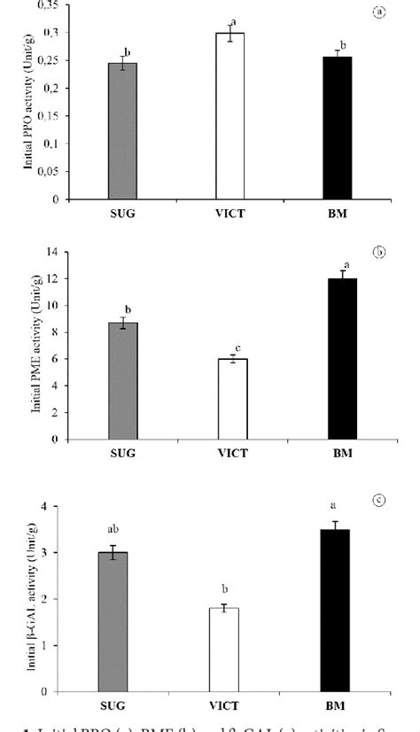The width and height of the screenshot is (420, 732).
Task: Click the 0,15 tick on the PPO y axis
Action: click(x=59, y=116)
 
